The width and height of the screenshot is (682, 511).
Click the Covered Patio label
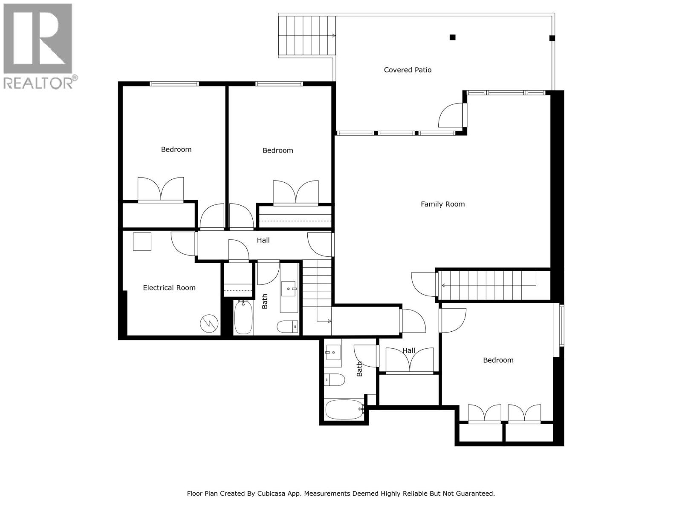407,70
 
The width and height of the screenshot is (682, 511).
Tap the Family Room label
442,204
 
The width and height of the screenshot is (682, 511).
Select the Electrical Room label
169,288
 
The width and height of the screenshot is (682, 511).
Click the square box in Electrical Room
142,241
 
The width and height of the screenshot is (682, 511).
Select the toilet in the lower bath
335,379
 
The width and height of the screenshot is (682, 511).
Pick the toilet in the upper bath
287,327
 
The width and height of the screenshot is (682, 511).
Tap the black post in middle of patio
453,37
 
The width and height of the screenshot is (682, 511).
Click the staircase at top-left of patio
306,36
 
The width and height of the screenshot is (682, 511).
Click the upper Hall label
263,240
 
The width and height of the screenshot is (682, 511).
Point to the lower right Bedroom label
498,360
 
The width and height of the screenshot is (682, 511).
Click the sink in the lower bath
333,352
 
